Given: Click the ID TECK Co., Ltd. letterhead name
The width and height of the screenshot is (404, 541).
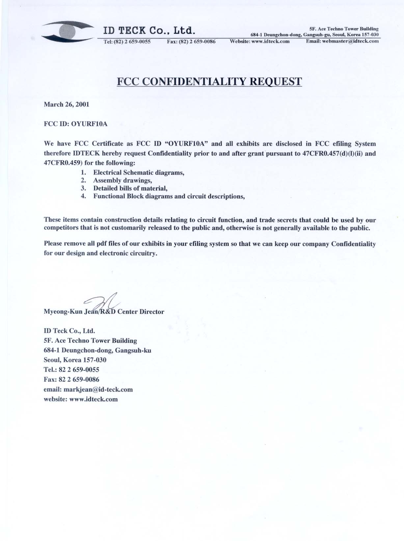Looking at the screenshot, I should (x=149, y=31).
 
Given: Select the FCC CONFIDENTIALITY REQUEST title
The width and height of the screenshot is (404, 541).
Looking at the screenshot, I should (x=209, y=81).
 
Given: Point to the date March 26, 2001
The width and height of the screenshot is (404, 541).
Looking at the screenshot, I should (x=67, y=104).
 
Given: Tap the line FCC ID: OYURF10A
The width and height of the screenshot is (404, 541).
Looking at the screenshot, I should (x=76, y=124).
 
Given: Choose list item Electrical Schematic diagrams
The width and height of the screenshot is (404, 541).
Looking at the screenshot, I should (x=138, y=172).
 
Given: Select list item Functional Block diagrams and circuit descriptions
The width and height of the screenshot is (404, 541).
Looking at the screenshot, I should (x=169, y=196).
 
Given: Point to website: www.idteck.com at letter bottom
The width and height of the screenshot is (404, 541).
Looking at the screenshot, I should (x=81, y=399).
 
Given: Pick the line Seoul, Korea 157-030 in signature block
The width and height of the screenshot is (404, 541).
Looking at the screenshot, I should (x=75, y=360).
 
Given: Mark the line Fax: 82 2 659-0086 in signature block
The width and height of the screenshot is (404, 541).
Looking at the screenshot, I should (x=71, y=379).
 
